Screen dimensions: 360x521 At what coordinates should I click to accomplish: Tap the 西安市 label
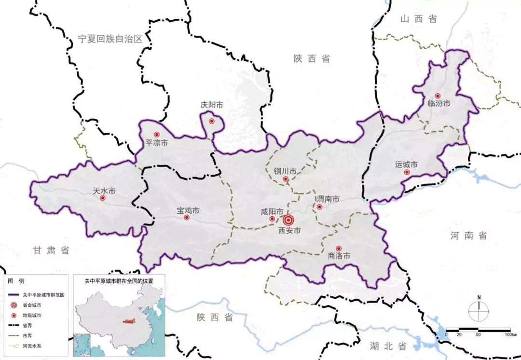pos(289,231)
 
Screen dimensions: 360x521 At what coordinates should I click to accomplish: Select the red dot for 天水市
pos(102,198)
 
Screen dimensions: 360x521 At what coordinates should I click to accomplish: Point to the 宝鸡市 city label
pos(188,211)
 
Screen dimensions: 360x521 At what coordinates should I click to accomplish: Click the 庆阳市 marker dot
pos(212,121)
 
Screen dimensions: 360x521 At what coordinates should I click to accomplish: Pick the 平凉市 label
pos(157,143)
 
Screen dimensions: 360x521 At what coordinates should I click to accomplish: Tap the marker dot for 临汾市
pos(438,96)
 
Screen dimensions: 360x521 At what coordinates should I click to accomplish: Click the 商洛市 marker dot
pos(339,248)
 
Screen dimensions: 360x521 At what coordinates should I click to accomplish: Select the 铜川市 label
pos(285,171)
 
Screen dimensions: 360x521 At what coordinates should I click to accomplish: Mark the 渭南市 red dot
pos(319,207)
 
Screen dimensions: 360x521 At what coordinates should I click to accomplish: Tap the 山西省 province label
pos(418,19)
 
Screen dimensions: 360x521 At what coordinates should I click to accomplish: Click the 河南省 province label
pos(468,236)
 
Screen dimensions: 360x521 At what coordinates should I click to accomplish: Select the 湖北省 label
pos(389,346)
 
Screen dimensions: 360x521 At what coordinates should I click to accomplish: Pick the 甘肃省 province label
pos(51,250)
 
